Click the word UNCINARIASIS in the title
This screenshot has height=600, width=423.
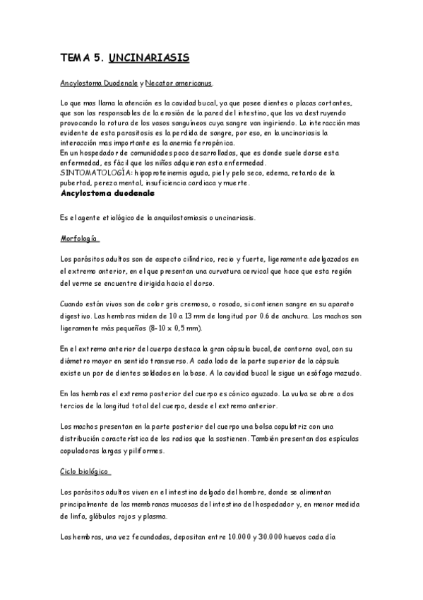click(x=150, y=56)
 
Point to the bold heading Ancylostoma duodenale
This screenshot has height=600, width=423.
click(x=107, y=192)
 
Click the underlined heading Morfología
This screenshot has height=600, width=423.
click(x=81, y=238)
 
